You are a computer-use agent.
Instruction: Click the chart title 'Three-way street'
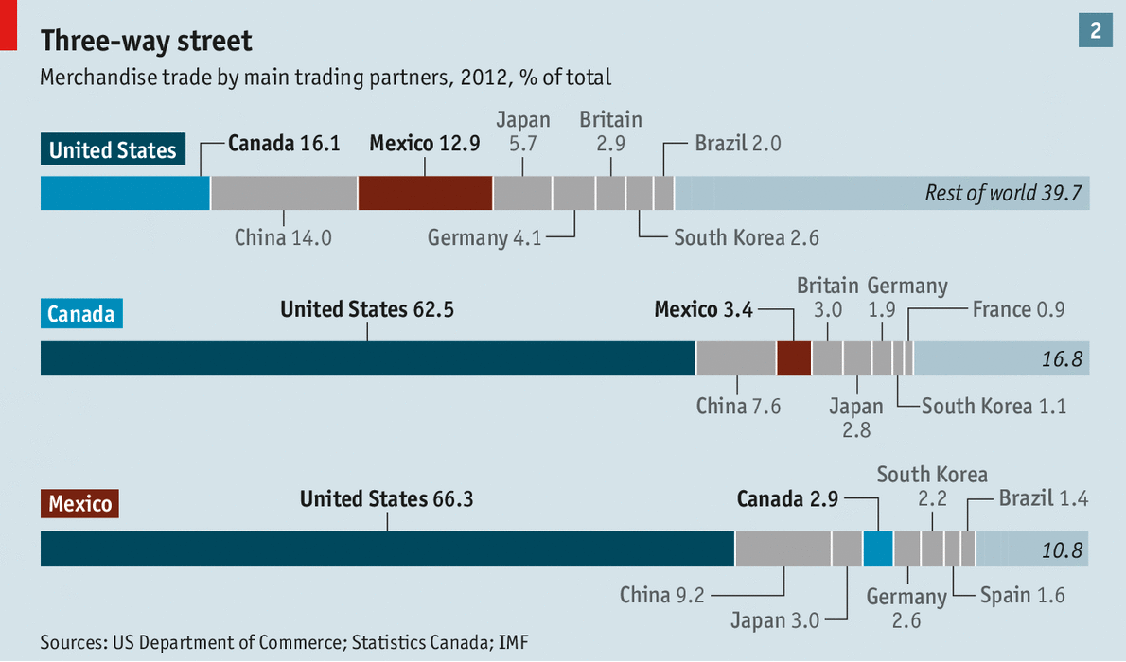(x=146, y=42)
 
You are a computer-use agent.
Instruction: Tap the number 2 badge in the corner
(x=1095, y=30)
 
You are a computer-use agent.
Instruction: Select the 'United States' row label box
(x=113, y=150)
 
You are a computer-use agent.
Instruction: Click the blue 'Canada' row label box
(x=80, y=313)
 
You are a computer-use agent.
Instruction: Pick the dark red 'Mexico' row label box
(x=80, y=503)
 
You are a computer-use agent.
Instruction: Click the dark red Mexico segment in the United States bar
(x=425, y=193)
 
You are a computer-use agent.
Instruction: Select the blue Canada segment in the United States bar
(x=125, y=193)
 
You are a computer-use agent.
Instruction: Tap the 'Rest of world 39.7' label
(x=1003, y=193)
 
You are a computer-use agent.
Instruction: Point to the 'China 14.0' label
(x=283, y=236)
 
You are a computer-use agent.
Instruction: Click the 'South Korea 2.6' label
(x=746, y=236)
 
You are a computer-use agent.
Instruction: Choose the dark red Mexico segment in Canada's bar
(x=794, y=359)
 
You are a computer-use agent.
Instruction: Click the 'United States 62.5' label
(x=367, y=309)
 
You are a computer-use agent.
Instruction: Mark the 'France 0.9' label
(x=1019, y=309)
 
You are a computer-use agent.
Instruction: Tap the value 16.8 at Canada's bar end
(x=1061, y=359)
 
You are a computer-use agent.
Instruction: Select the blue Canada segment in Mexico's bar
(x=878, y=549)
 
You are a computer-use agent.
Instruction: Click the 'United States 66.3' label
(x=386, y=498)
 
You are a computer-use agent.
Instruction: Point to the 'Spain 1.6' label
(x=1022, y=595)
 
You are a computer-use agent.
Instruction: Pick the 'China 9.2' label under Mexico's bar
(x=660, y=595)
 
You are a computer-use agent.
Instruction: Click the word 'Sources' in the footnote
(x=73, y=642)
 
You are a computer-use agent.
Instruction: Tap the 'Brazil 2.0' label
(x=737, y=144)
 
